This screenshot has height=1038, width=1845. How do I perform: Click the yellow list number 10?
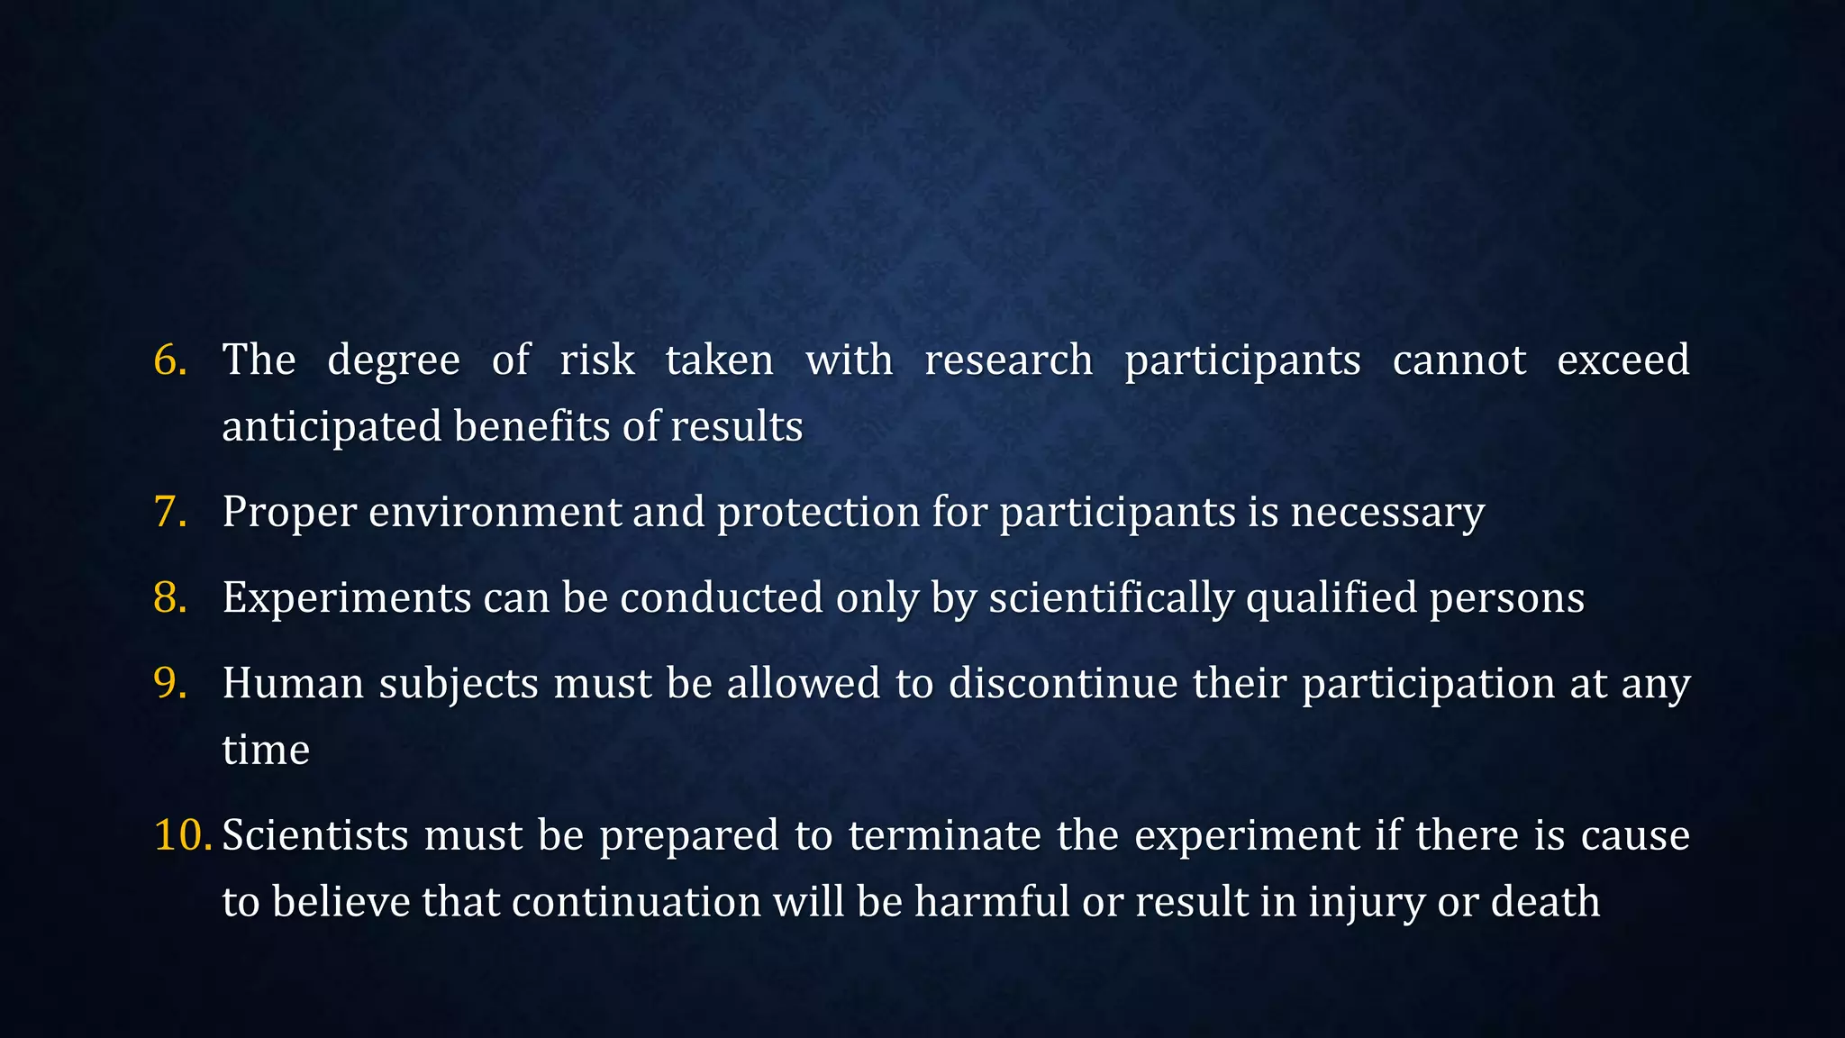coord(182,834)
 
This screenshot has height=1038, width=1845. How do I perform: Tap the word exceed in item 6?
coord(1622,360)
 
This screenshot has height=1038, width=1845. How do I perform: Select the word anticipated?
coord(332,427)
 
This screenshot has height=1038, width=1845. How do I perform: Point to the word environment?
coord(495,512)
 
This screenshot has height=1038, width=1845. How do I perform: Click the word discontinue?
coord(1063,683)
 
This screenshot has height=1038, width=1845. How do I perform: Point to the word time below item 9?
coord(266,750)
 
